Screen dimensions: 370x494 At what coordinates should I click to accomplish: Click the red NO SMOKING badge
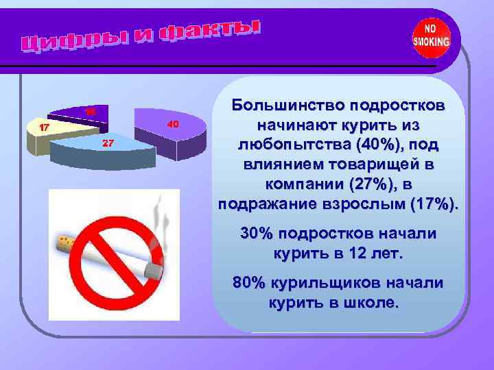431,37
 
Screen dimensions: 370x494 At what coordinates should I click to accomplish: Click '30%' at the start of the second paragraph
256,234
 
